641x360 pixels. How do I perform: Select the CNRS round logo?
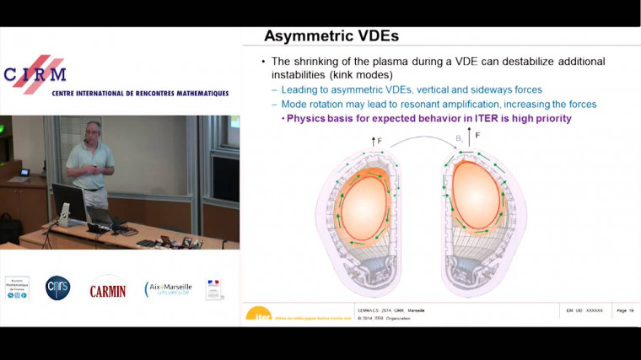point(57,288)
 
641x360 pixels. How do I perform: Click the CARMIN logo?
point(108,290)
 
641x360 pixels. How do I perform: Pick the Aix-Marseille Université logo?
point(168,289)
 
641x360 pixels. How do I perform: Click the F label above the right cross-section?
point(478,135)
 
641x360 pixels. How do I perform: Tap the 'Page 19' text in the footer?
point(625,310)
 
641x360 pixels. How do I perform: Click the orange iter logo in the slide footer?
point(258,313)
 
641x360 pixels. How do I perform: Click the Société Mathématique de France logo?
point(16,287)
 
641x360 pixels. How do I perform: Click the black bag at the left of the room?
point(9,228)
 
